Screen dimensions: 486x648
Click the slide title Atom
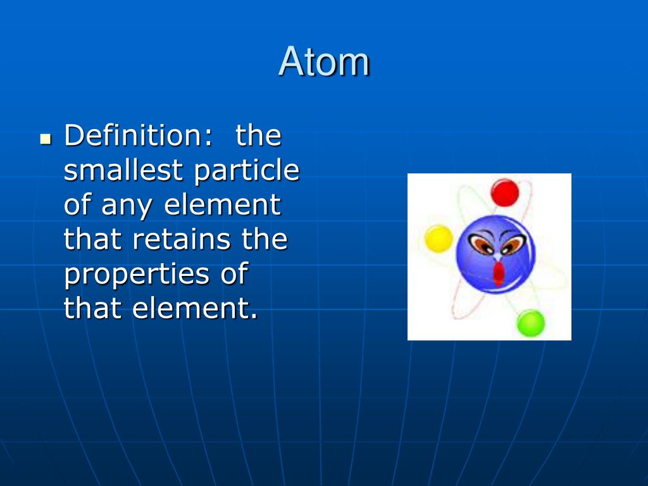click(324, 62)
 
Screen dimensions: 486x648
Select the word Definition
click(137, 135)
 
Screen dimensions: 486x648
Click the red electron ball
click(504, 192)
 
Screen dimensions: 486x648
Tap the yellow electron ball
click(439, 239)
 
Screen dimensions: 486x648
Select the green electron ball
click(530, 323)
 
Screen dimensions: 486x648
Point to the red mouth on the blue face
click(499, 273)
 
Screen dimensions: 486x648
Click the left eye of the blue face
click(482, 244)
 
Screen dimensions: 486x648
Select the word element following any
click(222, 204)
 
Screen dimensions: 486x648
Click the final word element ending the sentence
click(195, 308)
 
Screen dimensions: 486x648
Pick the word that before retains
click(94, 239)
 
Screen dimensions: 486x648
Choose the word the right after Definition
click(258, 135)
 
